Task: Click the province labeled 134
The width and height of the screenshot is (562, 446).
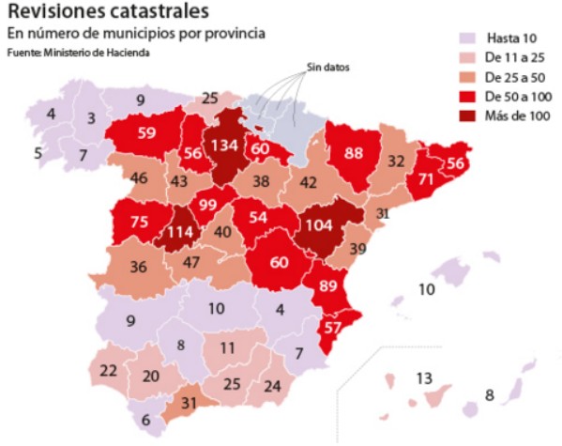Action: coord(224,147)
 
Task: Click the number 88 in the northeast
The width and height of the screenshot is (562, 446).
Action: coord(354,152)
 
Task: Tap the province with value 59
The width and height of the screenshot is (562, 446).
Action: coord(146,132)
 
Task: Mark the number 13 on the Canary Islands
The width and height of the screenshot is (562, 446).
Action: coord(423,378)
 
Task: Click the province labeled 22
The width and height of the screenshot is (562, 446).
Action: coord(109,370)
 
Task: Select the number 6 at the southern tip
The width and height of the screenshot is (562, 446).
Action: coord(145,420)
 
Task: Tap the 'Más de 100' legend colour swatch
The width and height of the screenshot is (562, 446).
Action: coord(465,117)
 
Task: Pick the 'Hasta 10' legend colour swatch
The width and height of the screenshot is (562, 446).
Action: coord(465,38)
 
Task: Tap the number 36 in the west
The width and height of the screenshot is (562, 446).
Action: coord(139,267)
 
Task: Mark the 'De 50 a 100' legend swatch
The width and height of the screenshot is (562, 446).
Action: coord(465,98)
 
